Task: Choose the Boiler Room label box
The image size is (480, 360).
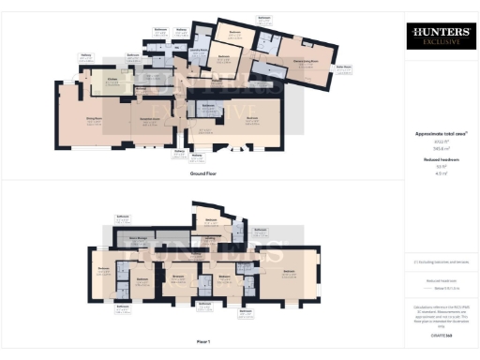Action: [x=345, y=67]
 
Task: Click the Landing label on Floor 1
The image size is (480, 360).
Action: [x=199, y=238]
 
